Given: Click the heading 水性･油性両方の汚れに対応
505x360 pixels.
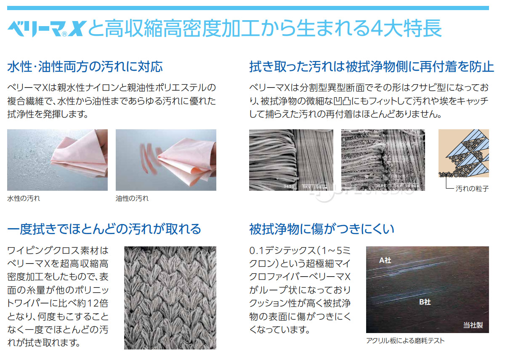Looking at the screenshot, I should [x=85, y=67].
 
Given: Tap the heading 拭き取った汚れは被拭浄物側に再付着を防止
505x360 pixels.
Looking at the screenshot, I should [x=372, y=67].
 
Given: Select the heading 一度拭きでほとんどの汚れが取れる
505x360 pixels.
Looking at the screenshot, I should [x=104, y=229].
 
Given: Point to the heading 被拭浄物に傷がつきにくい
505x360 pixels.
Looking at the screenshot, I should [x=322, y=229].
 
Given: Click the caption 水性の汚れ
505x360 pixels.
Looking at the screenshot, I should [x=24, y=198].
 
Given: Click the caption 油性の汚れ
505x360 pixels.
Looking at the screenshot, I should [x=132, y=198].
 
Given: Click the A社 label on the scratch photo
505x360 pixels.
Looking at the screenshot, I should [x=385, y=261].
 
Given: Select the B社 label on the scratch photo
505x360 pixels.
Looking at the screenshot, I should [x=425, y=302].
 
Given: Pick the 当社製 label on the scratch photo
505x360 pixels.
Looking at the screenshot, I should [x=473, y=325].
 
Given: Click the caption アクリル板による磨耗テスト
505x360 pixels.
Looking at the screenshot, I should [x=405, y=341].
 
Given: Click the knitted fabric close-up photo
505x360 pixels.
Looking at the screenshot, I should [x=170, y=298].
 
